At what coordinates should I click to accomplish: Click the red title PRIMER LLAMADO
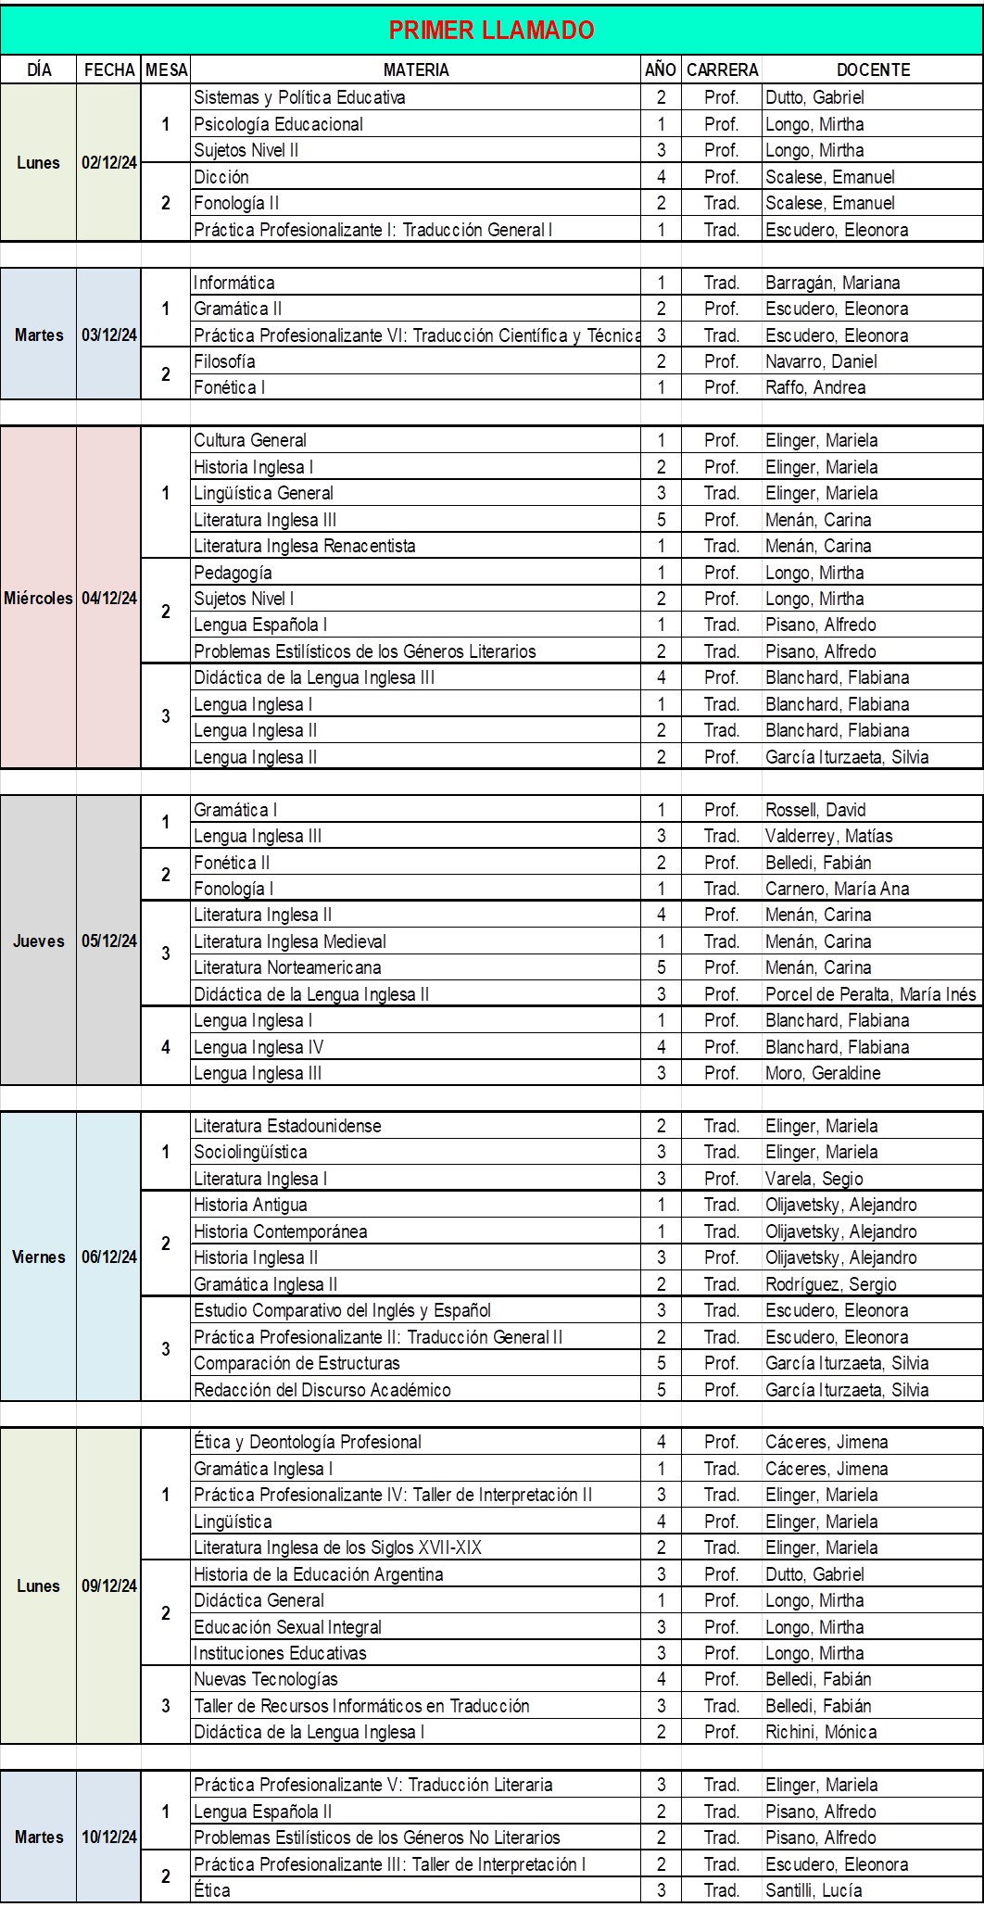tap(491, 31)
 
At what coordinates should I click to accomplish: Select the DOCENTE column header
tap(873, 70)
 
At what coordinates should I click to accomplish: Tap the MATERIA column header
tap(416, 70)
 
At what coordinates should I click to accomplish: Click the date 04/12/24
tap(109, 599)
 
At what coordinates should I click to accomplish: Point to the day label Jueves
tap(39, 941)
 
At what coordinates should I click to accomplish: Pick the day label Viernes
tap(39, 1257)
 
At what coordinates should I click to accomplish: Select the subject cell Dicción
tap(221, 177)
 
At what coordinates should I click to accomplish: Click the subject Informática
tap(234, 283)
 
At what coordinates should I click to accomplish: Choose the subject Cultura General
tap(250, 440)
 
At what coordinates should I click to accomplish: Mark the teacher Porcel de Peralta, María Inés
tap(870, 994)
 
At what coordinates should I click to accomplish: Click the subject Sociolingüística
tap(250, 1152)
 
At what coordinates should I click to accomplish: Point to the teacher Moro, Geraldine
tap(823, 1073)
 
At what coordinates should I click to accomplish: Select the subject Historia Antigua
tap(250, 1205)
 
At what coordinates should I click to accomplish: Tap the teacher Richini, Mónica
tap(821, 1732)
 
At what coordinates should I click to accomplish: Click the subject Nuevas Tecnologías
tap(266, 1679)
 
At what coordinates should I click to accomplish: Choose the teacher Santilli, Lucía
tap(814, 1890)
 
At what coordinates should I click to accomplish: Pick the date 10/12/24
tap(109, 1838)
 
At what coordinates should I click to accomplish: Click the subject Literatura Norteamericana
tap(287, 967)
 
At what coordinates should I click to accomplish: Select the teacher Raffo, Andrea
tap(815, 387)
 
